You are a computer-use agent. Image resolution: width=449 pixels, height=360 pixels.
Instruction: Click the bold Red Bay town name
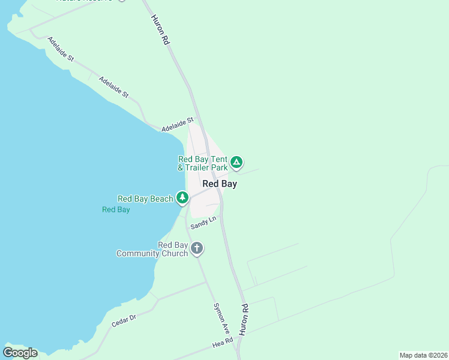220,184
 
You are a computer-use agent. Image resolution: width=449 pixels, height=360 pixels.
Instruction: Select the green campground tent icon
237,162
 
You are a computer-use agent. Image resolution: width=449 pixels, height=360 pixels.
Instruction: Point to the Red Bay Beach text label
145,199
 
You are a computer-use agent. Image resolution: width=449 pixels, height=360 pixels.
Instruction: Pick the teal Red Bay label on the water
116,209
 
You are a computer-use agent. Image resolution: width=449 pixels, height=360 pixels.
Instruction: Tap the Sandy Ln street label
203,223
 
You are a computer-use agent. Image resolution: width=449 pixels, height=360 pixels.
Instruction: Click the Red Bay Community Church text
152,249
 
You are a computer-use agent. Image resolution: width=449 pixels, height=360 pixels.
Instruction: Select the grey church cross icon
197,248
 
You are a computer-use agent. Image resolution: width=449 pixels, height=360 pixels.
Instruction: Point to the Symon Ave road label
221,318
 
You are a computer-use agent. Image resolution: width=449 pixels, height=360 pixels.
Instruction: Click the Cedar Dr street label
124,321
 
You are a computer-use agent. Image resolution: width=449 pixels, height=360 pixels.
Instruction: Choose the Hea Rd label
223,343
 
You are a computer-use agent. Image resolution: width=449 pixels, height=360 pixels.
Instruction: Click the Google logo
20,353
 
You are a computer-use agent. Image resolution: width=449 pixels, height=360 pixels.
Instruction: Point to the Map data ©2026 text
423,355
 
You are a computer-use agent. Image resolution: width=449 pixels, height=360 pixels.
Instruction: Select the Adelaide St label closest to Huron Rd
178,124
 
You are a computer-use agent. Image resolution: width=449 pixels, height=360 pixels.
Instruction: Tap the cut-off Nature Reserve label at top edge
90,1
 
